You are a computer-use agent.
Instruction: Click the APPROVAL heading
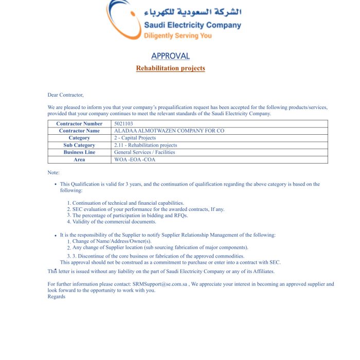tap(170, 56)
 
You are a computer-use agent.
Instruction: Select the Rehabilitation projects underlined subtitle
tap(170, 68)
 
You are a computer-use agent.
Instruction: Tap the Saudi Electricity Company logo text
tap(192, 25)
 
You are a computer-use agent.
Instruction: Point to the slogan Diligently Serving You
tap(177, 35)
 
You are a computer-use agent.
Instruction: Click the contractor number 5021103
tap(123, 124)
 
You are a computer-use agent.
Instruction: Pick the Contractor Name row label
tap(79, 131)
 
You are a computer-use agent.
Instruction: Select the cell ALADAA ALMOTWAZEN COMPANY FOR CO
tap(169, 131)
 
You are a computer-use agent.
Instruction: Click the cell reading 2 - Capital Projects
tap(135, 138)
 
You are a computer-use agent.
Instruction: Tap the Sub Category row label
tap(79, 146)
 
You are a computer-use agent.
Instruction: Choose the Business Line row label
tap(79, 153)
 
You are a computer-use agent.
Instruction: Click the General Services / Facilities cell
tap(145, 153)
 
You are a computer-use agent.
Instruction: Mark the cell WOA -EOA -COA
tap(135, 160)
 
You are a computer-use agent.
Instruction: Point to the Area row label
tap(79, 160)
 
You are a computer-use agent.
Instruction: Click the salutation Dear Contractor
tap(65, 95)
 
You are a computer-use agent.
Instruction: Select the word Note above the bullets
tap(53, 173)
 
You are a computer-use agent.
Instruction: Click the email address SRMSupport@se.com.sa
tap(160, 284)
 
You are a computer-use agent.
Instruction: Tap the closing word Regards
tap(57, 297)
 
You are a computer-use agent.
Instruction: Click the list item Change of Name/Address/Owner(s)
tap(112, 241)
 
